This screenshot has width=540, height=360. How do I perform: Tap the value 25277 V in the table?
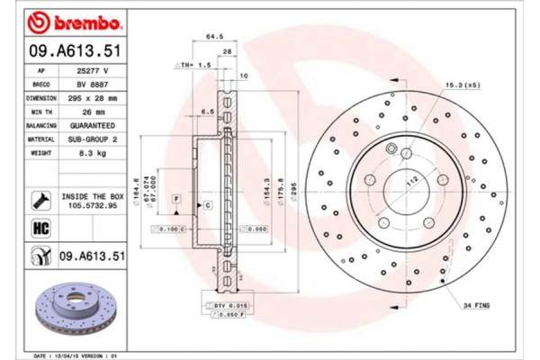(x=93, y=69)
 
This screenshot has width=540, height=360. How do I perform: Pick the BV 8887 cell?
(x=93, y=83)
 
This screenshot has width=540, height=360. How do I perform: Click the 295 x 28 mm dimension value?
(x=93, y=97)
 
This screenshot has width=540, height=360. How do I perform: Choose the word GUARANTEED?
(x=93, y=125)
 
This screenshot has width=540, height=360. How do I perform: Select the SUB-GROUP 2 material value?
(x=93, y=139)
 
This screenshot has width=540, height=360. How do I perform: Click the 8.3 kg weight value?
(x=93, y=154)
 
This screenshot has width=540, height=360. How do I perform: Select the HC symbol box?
(x=40, y=229)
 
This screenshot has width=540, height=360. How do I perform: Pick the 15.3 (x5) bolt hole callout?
(x=459, y=85)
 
